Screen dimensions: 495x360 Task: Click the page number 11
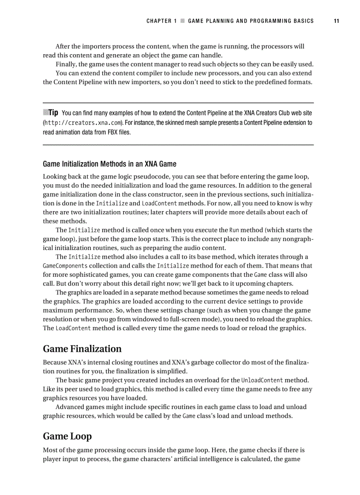point(336,21)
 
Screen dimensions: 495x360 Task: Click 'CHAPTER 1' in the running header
point(161,21)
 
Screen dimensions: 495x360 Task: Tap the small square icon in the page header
point(182,21)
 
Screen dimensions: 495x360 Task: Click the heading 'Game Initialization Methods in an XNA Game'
point(109,164)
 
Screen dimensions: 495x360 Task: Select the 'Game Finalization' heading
point(82,349)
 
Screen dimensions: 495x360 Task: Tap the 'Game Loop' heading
point(67,436)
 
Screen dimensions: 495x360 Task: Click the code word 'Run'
point(234,230)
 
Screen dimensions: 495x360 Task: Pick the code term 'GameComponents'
point(65,266)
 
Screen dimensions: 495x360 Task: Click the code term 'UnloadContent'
point(262,380)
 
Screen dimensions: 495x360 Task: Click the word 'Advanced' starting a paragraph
point(71,407)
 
